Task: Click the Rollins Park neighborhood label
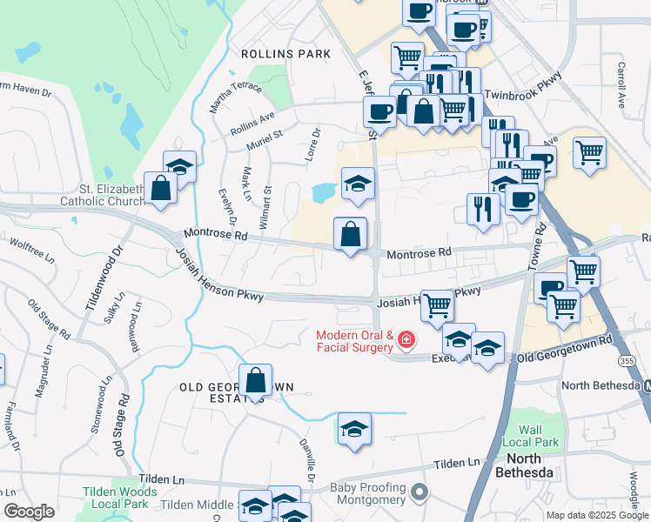(x=285, y=54)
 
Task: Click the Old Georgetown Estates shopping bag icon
(x=255, y=380)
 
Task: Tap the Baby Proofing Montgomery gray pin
(x=420, y=493)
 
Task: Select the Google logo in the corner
(x=29, y=512)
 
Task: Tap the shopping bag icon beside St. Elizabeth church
(x=161, y=190)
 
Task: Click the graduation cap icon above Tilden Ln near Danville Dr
(x=354, y=429)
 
